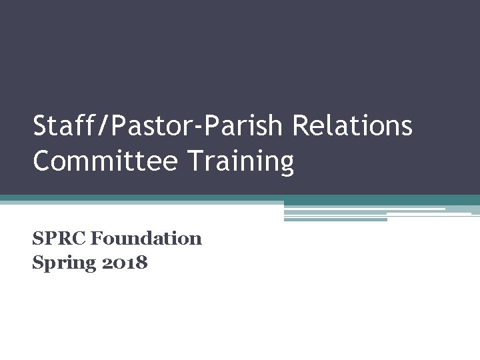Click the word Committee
[96, 162]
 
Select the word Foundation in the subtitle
[146, 238]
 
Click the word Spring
[64, 263]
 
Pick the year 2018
[125, 263]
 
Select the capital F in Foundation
[97, 238]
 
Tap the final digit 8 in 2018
[141, 263]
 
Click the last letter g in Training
[286, 165]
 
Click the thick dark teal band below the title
[240, 199]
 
